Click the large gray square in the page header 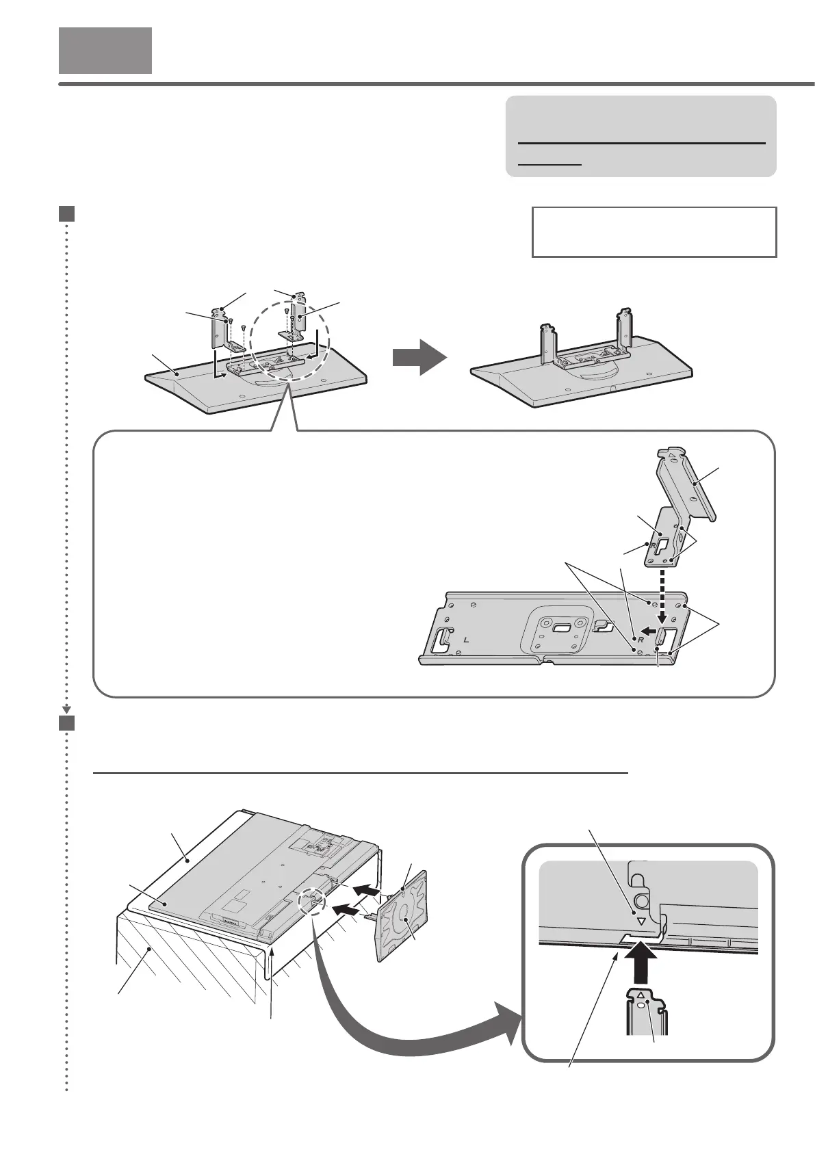coord(105,50)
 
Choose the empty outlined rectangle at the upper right coord(654,232)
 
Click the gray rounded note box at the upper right coord(641,137)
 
